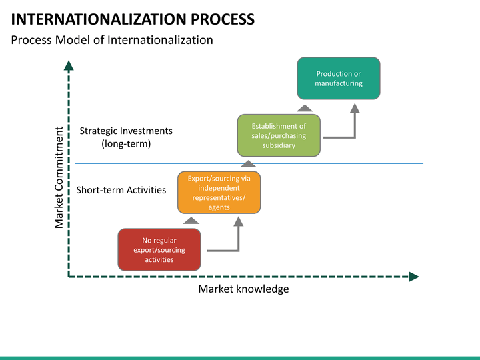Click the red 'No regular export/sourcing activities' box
159,249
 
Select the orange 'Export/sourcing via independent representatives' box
219,193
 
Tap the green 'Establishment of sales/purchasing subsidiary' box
279,135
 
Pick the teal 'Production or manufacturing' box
339,79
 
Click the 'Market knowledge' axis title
243,289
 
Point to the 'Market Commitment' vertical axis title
59,177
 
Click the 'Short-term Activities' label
121,190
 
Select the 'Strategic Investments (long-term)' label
126,137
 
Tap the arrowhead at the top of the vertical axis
69,65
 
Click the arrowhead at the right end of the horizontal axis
414,277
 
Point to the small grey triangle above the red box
191,221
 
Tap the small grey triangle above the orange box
248,163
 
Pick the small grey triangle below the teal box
305,108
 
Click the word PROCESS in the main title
223,19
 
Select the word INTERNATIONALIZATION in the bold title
99,19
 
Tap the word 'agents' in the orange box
219,207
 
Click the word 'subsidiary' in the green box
279,145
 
